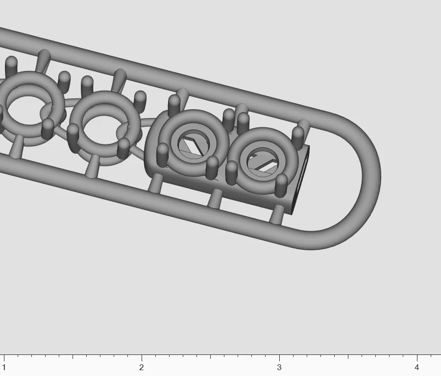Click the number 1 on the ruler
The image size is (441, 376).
[4, 367]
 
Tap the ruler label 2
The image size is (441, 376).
[142, 367]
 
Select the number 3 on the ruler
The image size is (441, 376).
[279, 367]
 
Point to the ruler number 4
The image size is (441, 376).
[417, 367]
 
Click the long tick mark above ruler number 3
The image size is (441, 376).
[279, 358]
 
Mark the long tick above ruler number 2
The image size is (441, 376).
[142, 358]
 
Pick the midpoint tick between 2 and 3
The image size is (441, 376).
[210, 357]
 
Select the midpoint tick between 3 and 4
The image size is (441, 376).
[348, 357]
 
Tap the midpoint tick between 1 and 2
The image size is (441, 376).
[73, 357]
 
